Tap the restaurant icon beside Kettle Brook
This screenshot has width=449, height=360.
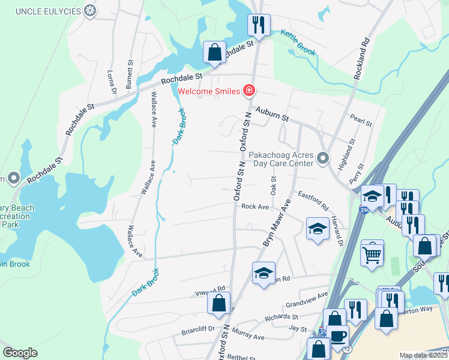[259, 25]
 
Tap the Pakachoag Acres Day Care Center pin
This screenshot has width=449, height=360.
[323, 158]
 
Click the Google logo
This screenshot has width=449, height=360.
[20, 353]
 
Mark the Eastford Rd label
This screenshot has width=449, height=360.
[313, 200]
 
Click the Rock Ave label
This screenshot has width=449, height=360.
[255, 206]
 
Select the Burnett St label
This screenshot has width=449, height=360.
[129, 74]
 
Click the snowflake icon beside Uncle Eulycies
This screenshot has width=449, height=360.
[90, 11]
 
